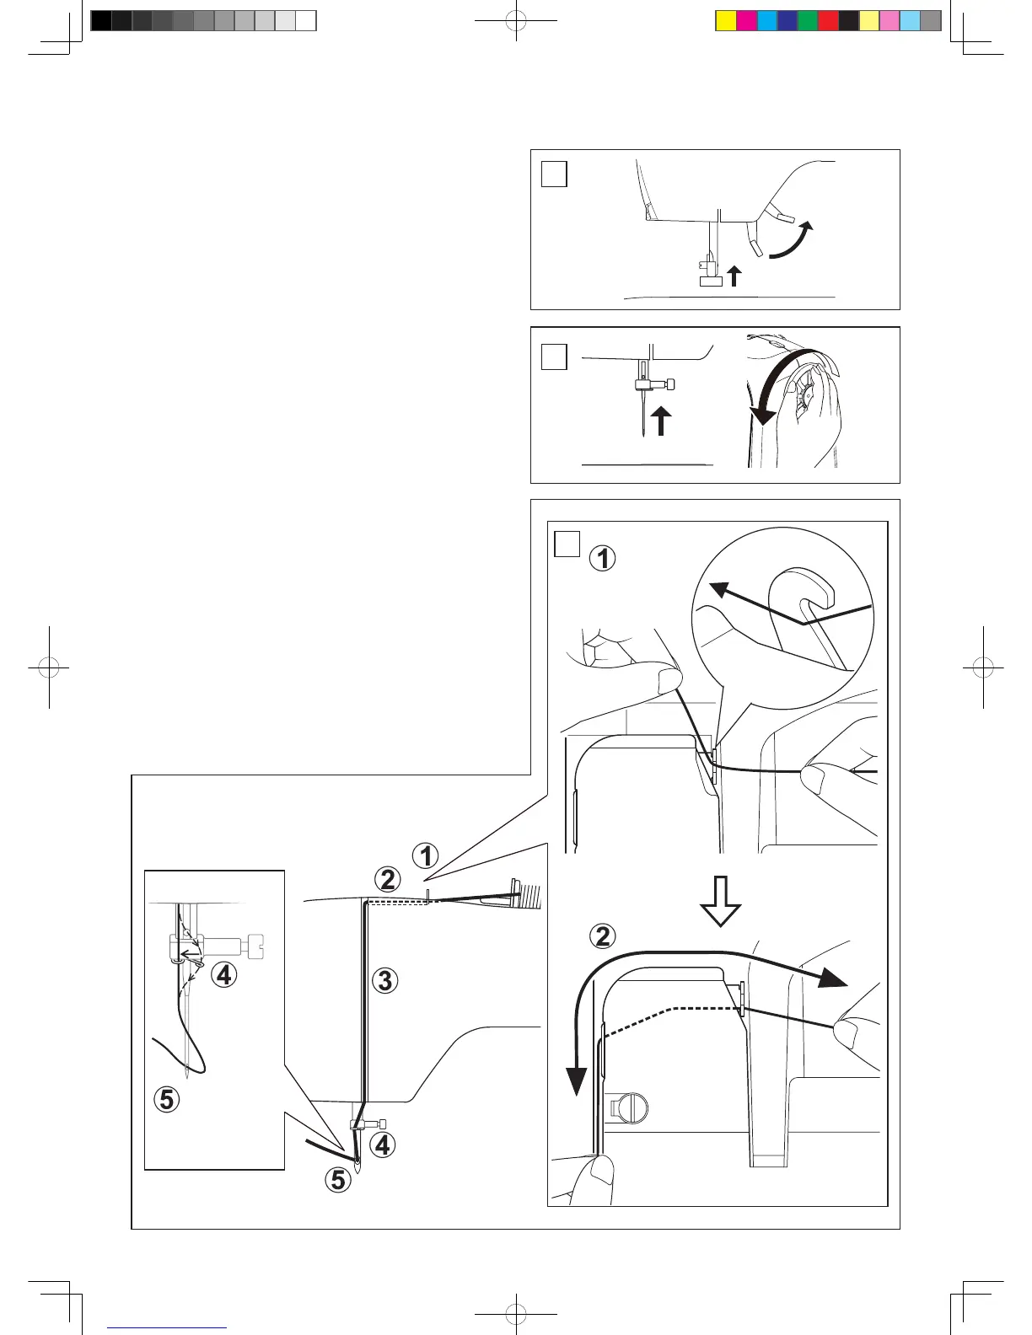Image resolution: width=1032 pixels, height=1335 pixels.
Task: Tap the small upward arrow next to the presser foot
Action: pyautogui.click(x=734, y=276)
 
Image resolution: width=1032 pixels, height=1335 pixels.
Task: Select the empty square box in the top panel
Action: pyautogui.click(x=554, y=174)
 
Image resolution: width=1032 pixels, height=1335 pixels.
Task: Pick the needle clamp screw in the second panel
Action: pyautogui.click(x=670, y=385)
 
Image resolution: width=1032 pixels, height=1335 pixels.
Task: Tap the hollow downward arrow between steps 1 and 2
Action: pyautogui.click(x=720, y=901)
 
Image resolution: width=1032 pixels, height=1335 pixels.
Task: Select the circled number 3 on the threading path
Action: pyautogui.click(x=384, y=981)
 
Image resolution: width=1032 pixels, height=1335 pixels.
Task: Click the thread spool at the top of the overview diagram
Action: pyautogui.click(x=524, y=893)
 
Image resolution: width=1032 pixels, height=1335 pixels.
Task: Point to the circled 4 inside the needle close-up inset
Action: pyautogui.click(x=223, y=975)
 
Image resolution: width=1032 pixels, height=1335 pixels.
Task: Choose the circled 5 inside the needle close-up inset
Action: pyautogui.click(x=166, y=1099)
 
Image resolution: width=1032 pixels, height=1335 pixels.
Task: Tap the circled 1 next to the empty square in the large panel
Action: pyautogui.click(x=602, y=558)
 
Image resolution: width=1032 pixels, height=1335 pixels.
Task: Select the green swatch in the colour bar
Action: pyautogui.click(x=807, y=21)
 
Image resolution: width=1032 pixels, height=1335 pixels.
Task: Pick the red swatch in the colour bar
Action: pyautogui.click(x=828, y=21)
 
